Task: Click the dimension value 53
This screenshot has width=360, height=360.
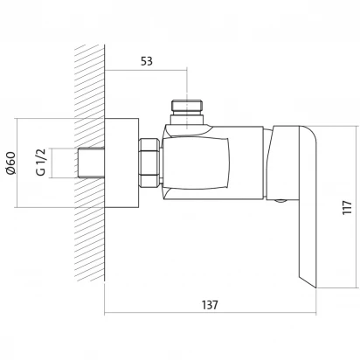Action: [147, 61]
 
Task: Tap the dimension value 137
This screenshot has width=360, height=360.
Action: [210, 305]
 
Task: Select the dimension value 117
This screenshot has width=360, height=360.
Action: [347, 207]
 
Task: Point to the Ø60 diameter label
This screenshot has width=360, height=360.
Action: [10, 163]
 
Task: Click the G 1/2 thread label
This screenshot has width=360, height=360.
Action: [41, 163]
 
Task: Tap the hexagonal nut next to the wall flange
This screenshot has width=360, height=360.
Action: [149, 163]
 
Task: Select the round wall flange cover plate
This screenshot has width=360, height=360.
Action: [121, 163]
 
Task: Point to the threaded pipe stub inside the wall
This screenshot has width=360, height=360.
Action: [91, 163]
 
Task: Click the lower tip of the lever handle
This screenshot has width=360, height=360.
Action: [315, 287]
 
